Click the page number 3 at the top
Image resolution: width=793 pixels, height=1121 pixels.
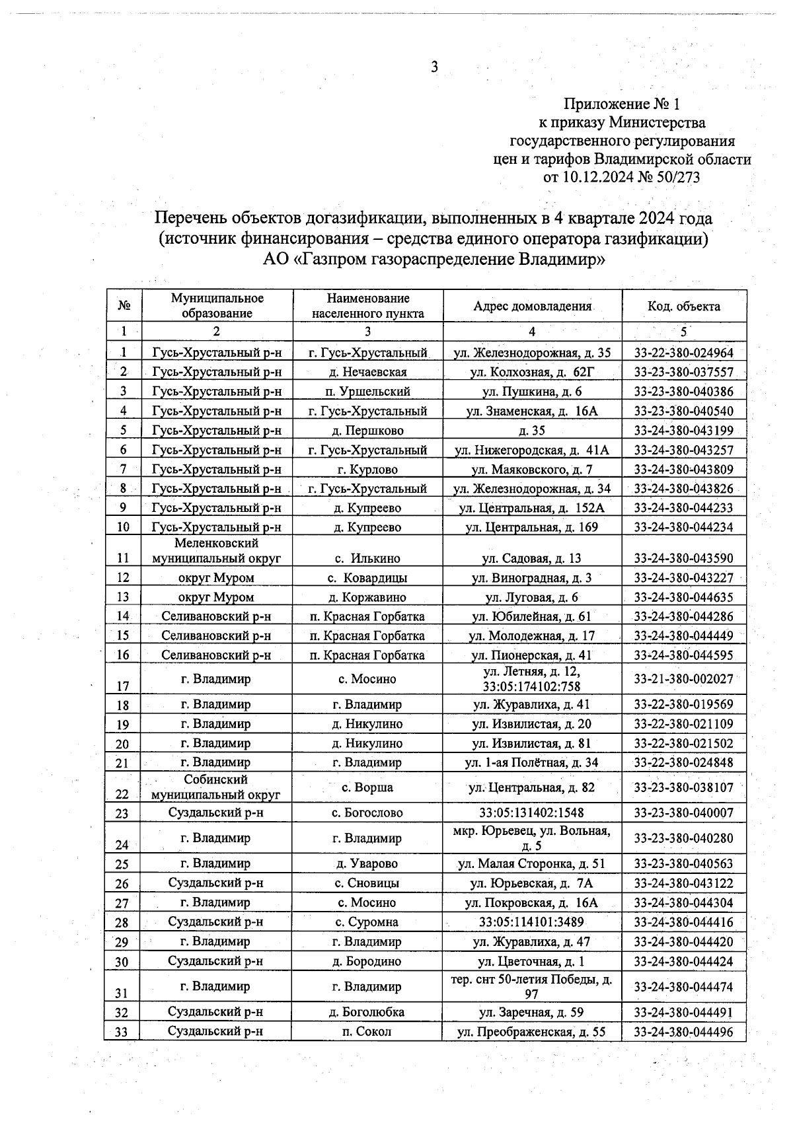pos(434,67)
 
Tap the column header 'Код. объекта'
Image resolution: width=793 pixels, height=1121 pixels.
pos(684,306)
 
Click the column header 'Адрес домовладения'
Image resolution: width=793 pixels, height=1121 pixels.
pos(532,306)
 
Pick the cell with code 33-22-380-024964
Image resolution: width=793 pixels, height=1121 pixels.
pos(684,353)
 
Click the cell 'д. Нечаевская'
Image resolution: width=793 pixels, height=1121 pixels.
pos(367,372)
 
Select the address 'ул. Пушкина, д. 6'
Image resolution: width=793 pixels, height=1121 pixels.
pos(532,391)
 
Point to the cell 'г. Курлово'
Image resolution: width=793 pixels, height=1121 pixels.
pos(367,469)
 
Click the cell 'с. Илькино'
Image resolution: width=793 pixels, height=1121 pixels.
pos(367,558)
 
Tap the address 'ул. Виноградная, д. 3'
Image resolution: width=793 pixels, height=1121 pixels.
pos(532,578)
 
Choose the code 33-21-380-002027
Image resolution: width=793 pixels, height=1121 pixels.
pos(684,678)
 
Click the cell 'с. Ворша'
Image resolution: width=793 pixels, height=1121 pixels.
pos(367,787)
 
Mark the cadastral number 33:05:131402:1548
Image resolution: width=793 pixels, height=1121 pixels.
pos(532,813)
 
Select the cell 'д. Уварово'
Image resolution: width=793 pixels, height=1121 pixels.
pos(367,863)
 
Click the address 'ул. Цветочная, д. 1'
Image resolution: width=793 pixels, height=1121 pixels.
pos(532,961)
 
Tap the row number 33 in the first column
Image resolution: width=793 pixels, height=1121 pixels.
pos(122,1032)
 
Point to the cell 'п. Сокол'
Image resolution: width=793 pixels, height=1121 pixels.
pos(367,1031)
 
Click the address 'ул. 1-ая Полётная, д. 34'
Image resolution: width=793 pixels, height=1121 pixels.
pos(532,762)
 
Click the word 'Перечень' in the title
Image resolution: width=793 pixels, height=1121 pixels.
pos(192,217)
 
